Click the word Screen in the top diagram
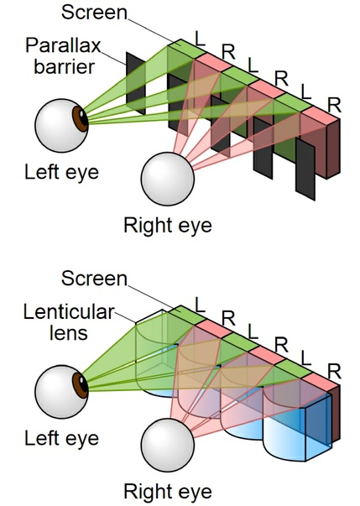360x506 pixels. coord(94,13)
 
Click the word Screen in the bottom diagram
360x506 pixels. coord(94,278)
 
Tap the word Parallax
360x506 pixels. coord(63,46)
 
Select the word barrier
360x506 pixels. coord(65,67)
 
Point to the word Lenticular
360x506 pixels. coord(69,312)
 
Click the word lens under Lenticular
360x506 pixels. coord(69,333)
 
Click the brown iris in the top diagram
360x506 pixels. coord(81,119)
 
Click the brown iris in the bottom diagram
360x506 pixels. coord(81,385)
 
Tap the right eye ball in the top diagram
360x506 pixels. coord(168,179)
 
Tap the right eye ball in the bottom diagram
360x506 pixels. coord(168,445)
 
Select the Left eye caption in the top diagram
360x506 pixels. coord(61,173)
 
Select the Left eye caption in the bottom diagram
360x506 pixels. coord(61,439)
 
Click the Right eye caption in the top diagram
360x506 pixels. coord(168,226)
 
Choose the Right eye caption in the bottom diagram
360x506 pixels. coord(168,492)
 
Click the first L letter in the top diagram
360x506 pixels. coord(201,39)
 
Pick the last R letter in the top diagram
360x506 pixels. coord(334,105)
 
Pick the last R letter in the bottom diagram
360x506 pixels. coord(334,372)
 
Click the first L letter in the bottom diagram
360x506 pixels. coord(201,305)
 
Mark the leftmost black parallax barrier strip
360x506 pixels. coord(135,83)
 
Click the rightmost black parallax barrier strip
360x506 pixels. coord(305,170)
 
